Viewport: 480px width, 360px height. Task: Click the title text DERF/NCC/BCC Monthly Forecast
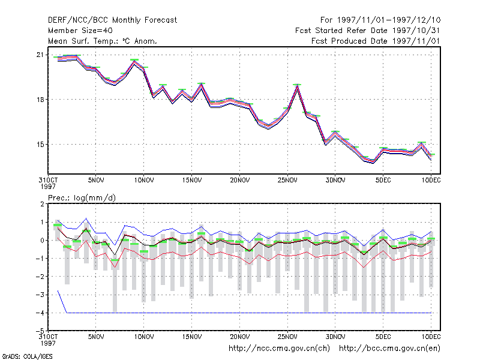112,20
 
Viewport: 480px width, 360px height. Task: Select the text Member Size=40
80,31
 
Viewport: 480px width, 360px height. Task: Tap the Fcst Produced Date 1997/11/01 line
376,41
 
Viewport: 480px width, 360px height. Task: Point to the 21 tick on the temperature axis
40,55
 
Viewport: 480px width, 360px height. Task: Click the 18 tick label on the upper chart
40,100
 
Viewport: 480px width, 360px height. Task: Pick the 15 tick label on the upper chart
40,145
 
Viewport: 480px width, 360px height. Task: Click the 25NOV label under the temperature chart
287,181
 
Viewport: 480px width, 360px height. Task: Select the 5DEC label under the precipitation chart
383,337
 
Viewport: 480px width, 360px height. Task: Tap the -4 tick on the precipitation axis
40,313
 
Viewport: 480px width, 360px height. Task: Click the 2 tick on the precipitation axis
42,204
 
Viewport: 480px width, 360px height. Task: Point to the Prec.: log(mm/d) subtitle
82,198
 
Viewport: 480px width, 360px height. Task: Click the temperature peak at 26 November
296,86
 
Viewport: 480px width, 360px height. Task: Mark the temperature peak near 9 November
134,61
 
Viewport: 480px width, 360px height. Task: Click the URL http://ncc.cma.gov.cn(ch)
279,349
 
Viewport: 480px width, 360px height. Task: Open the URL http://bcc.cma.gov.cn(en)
389,349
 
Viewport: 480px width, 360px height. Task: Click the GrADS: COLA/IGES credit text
27,356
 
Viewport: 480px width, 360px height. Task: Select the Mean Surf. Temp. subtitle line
102,41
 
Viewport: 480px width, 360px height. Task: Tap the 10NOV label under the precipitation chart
144,337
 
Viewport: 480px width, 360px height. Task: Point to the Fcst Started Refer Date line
368,31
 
